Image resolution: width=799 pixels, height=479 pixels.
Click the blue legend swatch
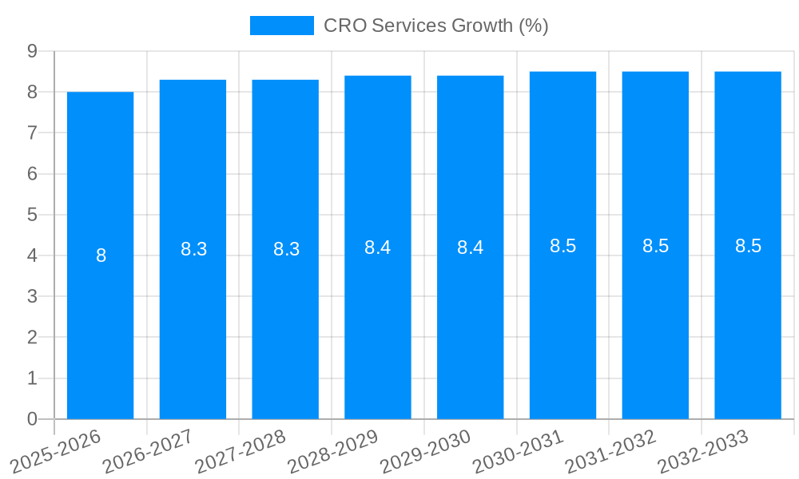pos(281,26)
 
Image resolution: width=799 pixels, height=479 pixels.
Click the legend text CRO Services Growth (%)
pos(435,26)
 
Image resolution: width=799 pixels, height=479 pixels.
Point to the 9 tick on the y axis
pos(32,51)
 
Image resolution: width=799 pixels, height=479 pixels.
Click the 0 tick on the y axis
pos(32,419)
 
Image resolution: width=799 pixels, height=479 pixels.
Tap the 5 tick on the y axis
pos(32,215)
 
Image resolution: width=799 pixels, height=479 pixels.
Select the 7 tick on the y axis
pos(32,133)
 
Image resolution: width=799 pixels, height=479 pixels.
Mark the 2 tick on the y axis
pos(32,338)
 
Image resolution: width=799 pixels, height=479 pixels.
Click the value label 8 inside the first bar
pos(101,256)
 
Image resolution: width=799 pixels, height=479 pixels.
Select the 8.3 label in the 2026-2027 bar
pos(193,249)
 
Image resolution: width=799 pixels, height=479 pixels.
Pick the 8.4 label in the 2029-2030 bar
pos(470,247)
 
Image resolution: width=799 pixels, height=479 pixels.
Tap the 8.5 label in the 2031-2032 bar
pos(655,246)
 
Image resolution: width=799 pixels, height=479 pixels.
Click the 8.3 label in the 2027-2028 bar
pos(286,249)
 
